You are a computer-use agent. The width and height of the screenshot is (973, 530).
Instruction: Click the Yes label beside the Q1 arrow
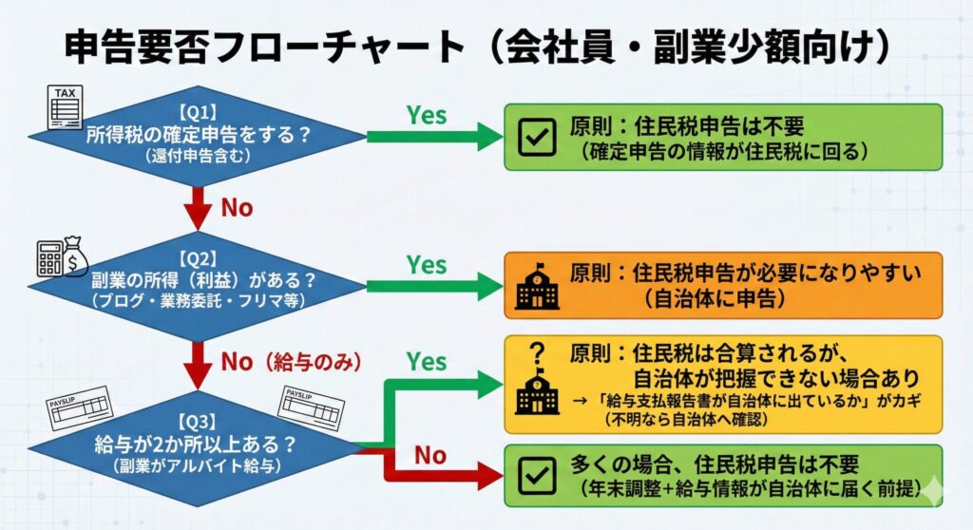click(x=427, y=114)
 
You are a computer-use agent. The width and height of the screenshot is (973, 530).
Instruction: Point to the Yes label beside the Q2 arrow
click(x=427, y=263)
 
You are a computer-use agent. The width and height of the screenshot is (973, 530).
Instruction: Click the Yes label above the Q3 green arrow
click(x=427, y=362)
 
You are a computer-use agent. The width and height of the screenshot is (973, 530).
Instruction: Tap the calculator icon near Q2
click(x=49, y=258)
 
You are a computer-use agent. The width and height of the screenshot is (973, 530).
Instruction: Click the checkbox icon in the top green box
click(x=537, y=138)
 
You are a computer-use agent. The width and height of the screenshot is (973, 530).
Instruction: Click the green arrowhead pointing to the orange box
click(x=491, y=285)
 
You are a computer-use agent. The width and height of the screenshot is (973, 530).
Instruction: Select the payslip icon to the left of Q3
click(x=80, y=409)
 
